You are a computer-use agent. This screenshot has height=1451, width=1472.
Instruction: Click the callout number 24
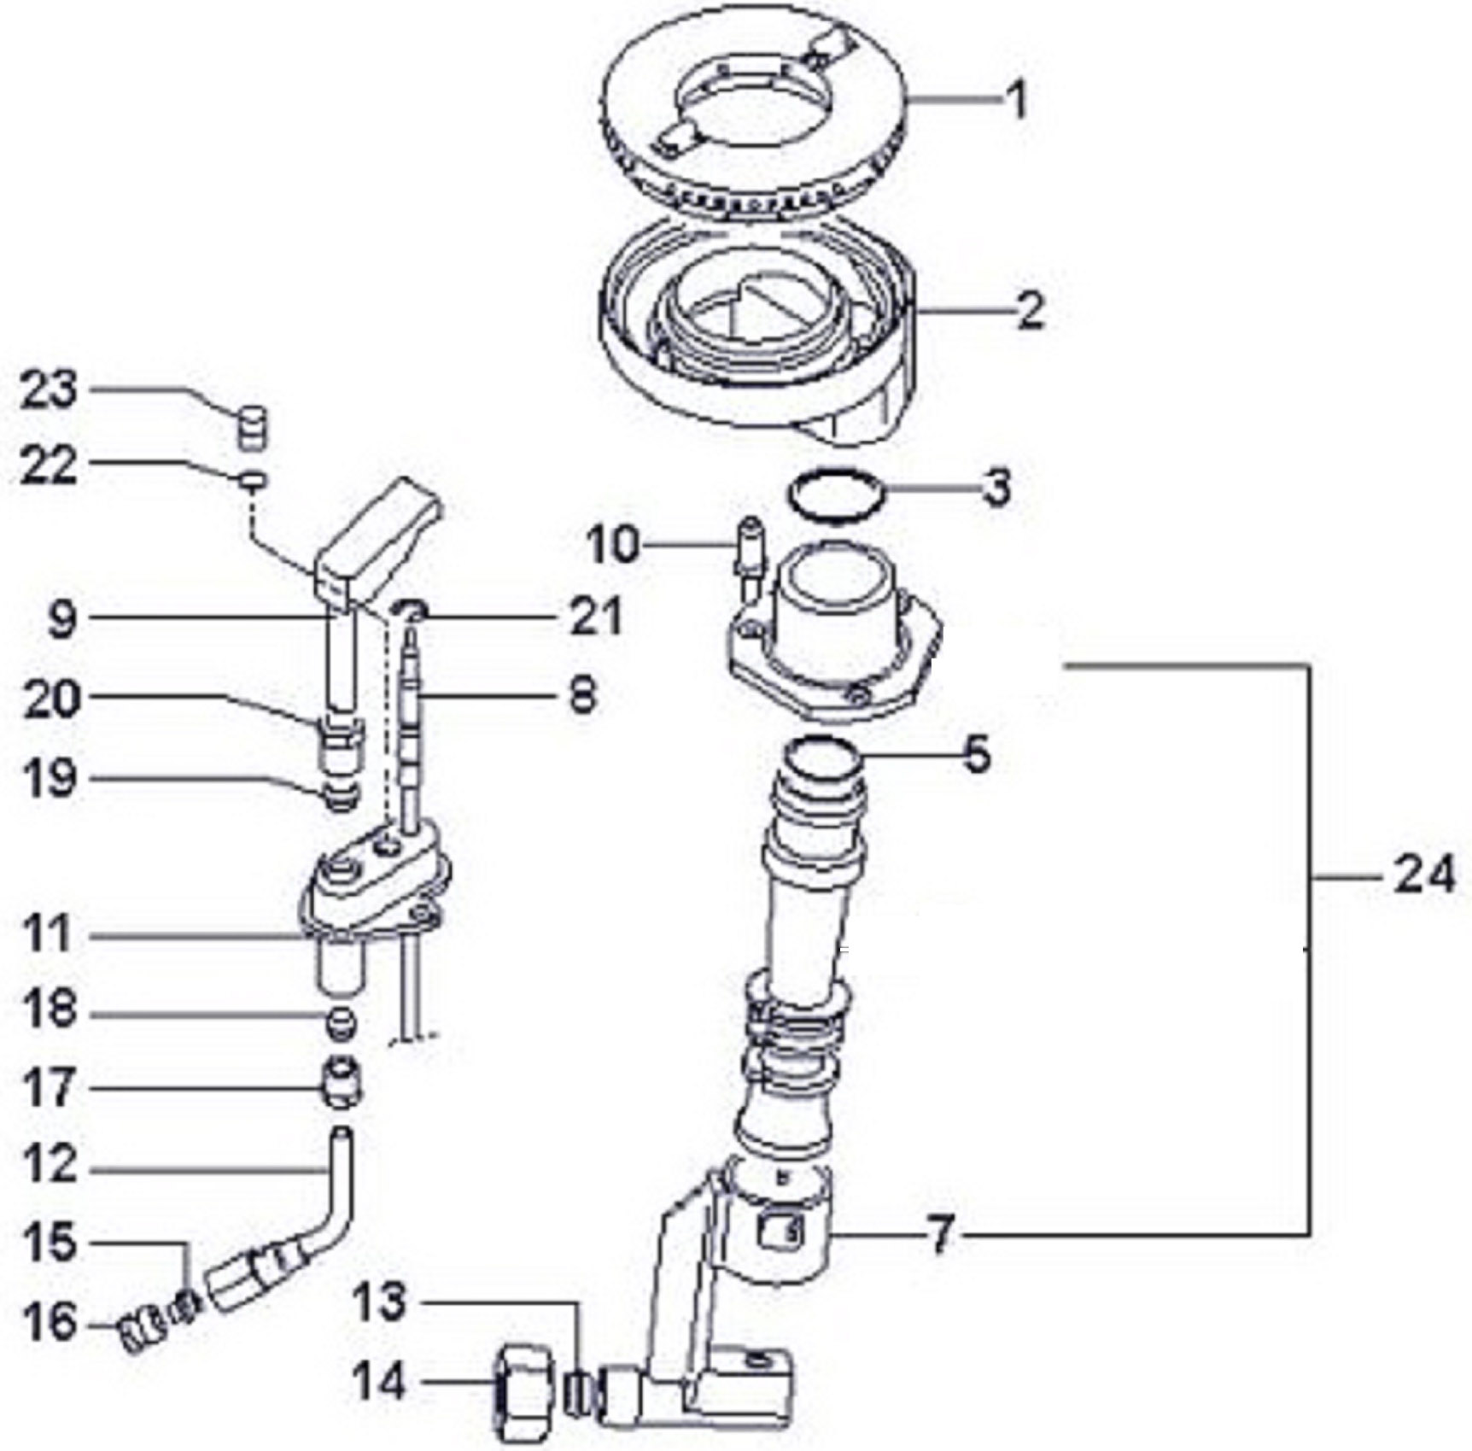tap(1423, 876)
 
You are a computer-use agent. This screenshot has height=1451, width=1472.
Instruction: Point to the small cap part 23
tap(251, 426)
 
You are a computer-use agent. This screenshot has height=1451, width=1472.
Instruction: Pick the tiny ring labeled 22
tap(254, 481)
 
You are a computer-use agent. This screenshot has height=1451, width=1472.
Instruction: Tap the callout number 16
tap(52, 1324)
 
